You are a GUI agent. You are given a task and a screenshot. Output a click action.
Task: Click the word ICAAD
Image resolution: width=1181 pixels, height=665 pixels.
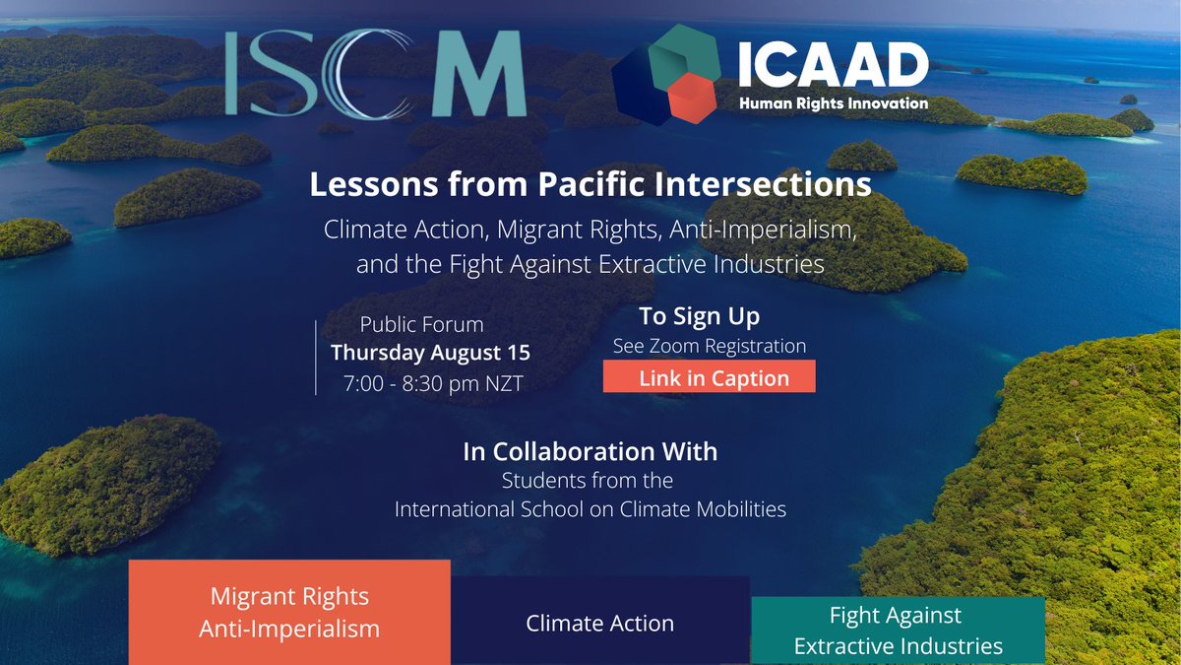tap(832, 66)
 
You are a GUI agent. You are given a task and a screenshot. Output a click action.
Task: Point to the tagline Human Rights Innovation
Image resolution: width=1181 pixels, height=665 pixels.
tap(832, 103)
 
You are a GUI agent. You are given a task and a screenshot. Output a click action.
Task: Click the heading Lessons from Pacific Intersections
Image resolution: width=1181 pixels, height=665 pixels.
tap(590, 184)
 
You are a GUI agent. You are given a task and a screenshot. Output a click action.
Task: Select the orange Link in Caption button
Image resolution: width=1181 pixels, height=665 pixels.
tap(710, 377)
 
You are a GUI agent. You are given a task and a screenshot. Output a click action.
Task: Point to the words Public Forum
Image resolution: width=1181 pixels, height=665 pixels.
tap(421, 323)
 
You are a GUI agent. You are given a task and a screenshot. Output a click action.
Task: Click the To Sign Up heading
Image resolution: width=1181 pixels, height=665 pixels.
tap(699, 316)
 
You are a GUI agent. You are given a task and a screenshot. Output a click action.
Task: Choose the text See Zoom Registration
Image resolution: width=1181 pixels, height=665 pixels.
tap(709, 346)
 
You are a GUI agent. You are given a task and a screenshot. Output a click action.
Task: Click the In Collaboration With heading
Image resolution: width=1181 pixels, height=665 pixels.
tap(590, 452)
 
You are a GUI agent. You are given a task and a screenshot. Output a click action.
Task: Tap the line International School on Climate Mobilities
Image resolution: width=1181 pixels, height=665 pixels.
tap(590, 509)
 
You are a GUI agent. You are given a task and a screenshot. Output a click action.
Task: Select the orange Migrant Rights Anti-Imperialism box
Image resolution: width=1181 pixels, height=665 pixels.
tap(289, 612)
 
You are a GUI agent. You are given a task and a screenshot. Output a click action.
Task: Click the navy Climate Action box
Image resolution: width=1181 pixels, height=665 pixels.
tap(599, 623)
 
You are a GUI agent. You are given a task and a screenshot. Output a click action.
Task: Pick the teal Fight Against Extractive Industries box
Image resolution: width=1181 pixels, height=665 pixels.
tap(898, 631)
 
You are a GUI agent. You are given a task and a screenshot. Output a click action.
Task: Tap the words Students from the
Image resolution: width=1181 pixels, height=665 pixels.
tap(588, 482)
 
